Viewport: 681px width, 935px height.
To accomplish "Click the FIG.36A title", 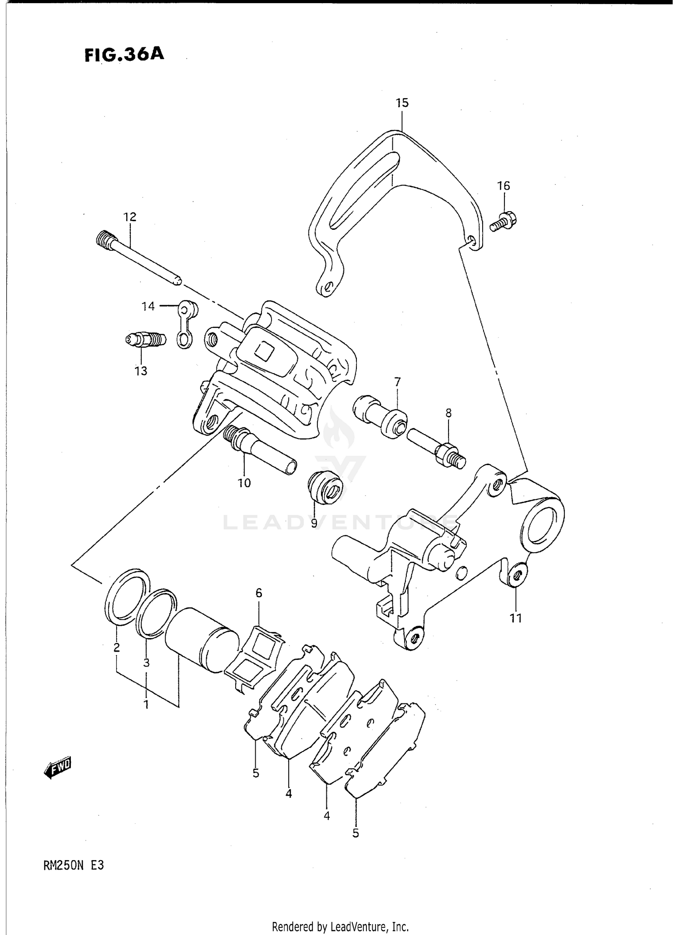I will tap(124, 54).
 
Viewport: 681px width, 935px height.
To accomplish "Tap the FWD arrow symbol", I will tap(58, 767).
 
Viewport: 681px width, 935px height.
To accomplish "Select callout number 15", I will tap(402, 103).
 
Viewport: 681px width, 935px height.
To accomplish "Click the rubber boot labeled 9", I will tap(325, 489).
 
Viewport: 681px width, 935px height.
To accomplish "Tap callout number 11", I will tap(516, 618).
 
